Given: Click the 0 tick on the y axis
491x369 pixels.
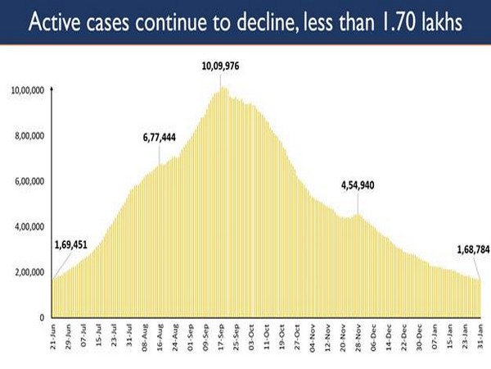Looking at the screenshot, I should pos(41,317).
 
